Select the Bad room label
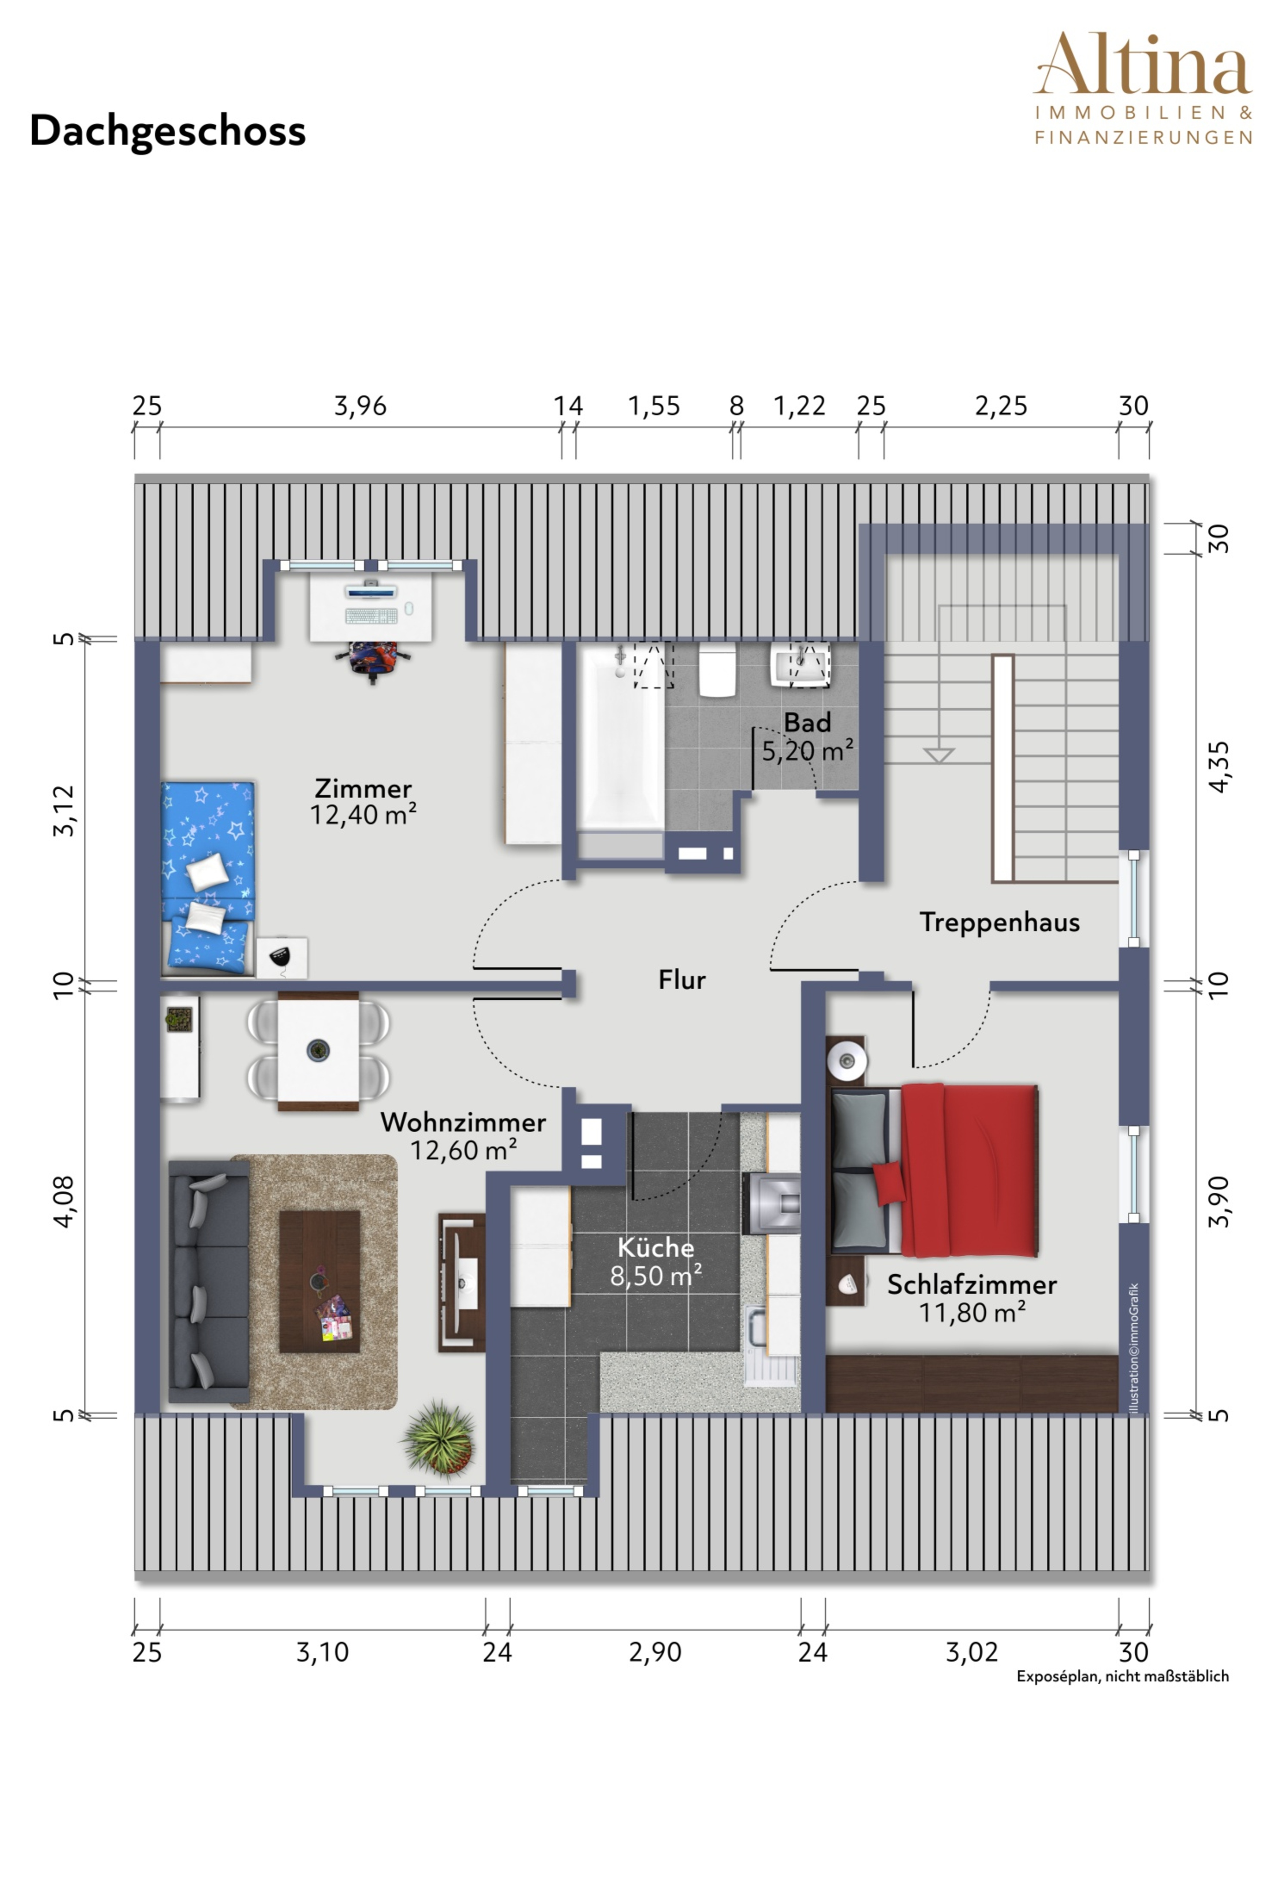click(807, 723)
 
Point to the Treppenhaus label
click(1000, 923)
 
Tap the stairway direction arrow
click(938, 755)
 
